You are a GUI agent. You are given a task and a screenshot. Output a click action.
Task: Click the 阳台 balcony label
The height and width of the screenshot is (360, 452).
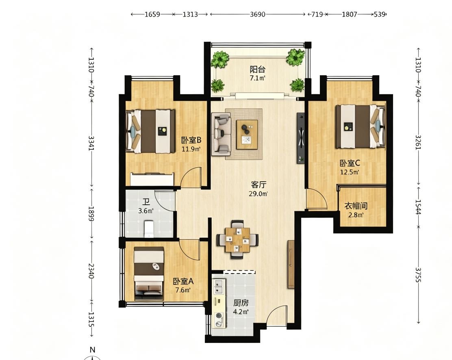click(257, 69)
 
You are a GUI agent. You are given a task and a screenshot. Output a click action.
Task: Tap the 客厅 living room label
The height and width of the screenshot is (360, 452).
click(259, 184)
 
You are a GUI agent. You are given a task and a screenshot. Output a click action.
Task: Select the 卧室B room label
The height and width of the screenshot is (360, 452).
click(191, 140)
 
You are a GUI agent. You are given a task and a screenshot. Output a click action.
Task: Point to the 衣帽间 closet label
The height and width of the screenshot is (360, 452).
click(356, 206)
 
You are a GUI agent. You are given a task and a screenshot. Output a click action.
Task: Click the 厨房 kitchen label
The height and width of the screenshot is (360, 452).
click(241, 303)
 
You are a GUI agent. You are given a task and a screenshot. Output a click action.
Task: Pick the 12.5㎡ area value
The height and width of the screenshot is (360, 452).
click(350, 172)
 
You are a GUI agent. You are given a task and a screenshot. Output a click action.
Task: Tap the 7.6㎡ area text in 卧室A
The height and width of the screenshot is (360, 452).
click(183, 290)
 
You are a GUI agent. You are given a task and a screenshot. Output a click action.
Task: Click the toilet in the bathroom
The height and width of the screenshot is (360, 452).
click(148, 229)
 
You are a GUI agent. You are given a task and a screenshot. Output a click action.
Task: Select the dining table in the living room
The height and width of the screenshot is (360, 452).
click(238, 239)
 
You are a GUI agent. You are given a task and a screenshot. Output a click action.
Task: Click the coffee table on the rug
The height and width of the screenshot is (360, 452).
click(247, 134)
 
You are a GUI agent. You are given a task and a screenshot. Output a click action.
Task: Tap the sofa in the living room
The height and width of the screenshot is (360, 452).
click(222, 134)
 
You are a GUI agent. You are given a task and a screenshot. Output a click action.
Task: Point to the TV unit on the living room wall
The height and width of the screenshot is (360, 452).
click(301, 138)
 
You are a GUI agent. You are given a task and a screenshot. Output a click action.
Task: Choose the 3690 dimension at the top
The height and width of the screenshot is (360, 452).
click(257, 14)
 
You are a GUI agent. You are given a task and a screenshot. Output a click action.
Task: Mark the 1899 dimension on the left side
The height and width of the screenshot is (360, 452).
click(91, 214)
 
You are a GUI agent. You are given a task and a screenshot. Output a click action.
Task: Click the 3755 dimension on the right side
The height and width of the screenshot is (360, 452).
click(418, 275)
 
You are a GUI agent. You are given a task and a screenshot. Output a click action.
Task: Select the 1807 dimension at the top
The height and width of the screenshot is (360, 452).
click(350, 14)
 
